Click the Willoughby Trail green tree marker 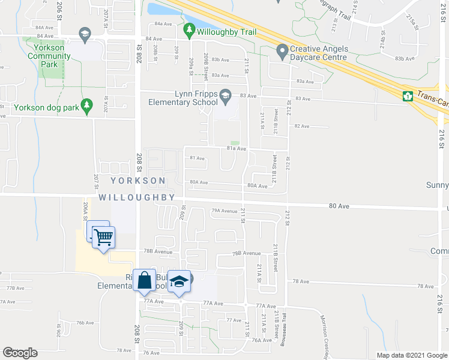190,29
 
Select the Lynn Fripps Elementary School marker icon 225,95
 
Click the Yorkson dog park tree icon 86,106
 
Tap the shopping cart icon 104,238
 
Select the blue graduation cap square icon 179,281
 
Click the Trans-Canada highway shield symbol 408,95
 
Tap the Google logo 20,353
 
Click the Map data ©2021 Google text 412,355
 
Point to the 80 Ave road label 339,206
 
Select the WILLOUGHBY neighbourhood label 137,197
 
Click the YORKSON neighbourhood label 137,181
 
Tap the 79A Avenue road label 224,211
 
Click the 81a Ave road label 236,148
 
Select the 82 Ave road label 301,126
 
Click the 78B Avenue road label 247,253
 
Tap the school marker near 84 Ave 84,34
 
